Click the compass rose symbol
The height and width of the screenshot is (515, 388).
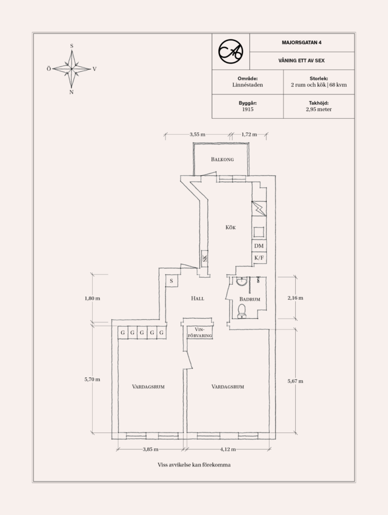pos(72,69)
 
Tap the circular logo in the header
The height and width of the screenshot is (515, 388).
pos(231,52)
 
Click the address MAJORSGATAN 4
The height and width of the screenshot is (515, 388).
pos(302,43)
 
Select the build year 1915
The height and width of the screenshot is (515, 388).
pos(247,109)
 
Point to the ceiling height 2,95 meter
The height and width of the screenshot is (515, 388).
pos(318,109)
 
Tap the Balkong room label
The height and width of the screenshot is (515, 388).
pos(222,160)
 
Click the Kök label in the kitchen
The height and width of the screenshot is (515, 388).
pos(231,227)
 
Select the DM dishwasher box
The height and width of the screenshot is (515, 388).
pos(259,246)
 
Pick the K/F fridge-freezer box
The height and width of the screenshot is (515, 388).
pos(259,258)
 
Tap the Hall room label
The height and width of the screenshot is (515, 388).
pos(197,298)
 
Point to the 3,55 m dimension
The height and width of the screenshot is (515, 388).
pos(197,134)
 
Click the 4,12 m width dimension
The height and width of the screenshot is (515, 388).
pos(227,449)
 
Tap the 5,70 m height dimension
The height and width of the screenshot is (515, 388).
pos(92,379)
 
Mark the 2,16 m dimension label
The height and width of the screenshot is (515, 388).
pos(295,298)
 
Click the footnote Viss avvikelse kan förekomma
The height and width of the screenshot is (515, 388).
pos(193,465)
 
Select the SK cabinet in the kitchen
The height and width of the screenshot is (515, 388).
pos(205,258)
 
